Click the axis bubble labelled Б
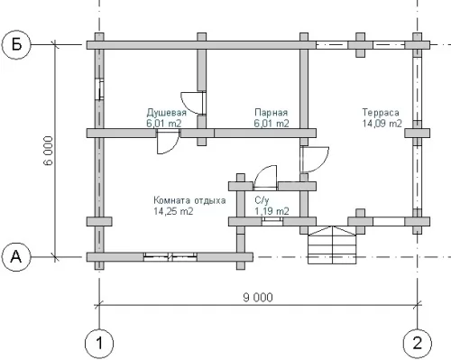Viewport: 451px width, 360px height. click(x=16, y=45)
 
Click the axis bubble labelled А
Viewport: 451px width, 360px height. click(x=16, y=257)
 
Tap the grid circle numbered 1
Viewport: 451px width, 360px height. click(x=99, y=343)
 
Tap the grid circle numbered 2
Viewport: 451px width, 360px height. click(x=418, y=343)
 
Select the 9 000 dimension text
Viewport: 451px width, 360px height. click(x=258, y=298)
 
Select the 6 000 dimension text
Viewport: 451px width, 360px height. click(x=48, y=151)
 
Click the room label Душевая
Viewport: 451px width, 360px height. click(x=167, y=113)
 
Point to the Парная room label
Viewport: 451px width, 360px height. click(x=272, y=113)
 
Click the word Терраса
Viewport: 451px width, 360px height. click(x=381, y=113)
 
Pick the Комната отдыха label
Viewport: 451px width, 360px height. click(x=189, y=200)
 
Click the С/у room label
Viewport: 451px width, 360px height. click(x=262, y=200)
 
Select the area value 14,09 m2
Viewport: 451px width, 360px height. click(x=382, y=124)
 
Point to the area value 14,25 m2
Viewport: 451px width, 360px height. click(x=173, y=211)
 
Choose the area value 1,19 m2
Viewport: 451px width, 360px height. click(x=272, y=211)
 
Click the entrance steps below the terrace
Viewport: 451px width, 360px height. click(x=332, y=245)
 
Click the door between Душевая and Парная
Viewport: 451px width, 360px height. click(x=194, y=103)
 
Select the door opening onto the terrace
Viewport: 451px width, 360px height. click(x=314, y=160)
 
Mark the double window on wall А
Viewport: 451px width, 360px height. click(x=170, y=257)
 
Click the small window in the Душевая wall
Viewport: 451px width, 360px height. click(x=100, y=89)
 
